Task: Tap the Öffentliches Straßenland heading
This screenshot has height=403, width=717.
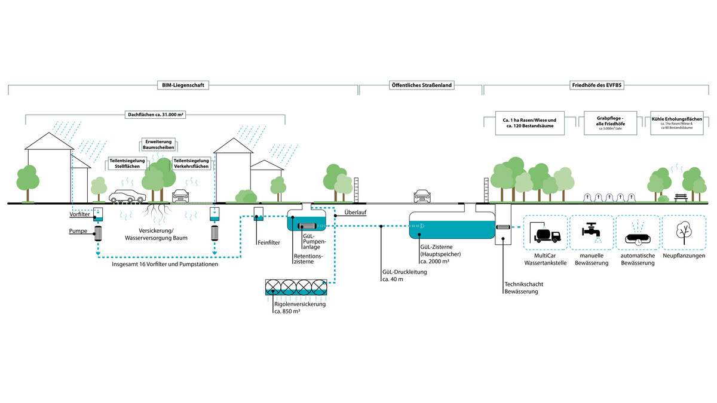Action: (x=421, y=86)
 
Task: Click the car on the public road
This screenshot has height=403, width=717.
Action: (x=422, y=196)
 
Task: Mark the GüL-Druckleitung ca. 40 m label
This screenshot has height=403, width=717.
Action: (x=404, y=275)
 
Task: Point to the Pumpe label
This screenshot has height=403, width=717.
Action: (x=78, y=230)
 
